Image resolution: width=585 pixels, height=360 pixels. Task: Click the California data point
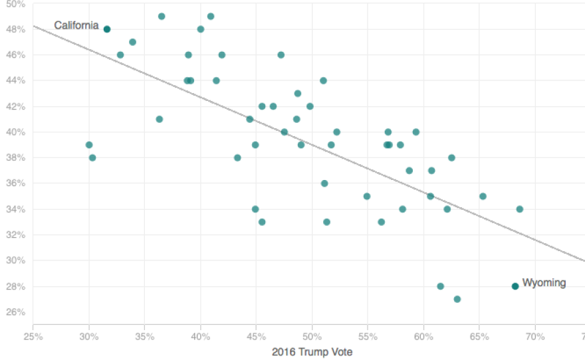(x=106, y=29)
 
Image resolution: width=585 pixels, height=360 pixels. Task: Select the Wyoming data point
(x=515, y=286)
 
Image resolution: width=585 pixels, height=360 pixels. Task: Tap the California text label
(x=76, y=26)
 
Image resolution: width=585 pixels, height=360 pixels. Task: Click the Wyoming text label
(x=544, y=283)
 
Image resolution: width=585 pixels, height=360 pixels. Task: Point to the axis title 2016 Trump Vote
(x=312, y=352)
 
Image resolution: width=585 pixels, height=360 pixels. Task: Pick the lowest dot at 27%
(x=457, y=299)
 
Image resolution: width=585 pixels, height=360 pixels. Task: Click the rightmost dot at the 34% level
(x=519, y=209)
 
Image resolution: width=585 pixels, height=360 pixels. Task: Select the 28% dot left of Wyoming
(x=440, y=286)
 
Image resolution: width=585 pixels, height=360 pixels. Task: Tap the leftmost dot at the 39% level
(x=89, y=145)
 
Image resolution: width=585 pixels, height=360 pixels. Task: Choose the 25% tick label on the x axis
(x=33, y=336)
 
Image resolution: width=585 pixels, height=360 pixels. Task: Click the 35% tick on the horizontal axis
(x=144, y=336)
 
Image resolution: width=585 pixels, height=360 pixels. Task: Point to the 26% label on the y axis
(x=15, y=312)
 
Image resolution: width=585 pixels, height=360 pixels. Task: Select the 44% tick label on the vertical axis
(x=15, y=80)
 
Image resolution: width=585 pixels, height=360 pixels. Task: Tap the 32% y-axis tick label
(x=15, y=235)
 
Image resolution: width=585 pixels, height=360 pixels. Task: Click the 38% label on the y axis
(x=15, y=158)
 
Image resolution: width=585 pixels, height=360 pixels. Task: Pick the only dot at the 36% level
(x=324, y=183)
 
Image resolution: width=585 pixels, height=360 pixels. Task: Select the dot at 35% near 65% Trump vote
(x=483, y=197)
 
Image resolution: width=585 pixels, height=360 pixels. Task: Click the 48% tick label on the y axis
(x=15, y=29)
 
